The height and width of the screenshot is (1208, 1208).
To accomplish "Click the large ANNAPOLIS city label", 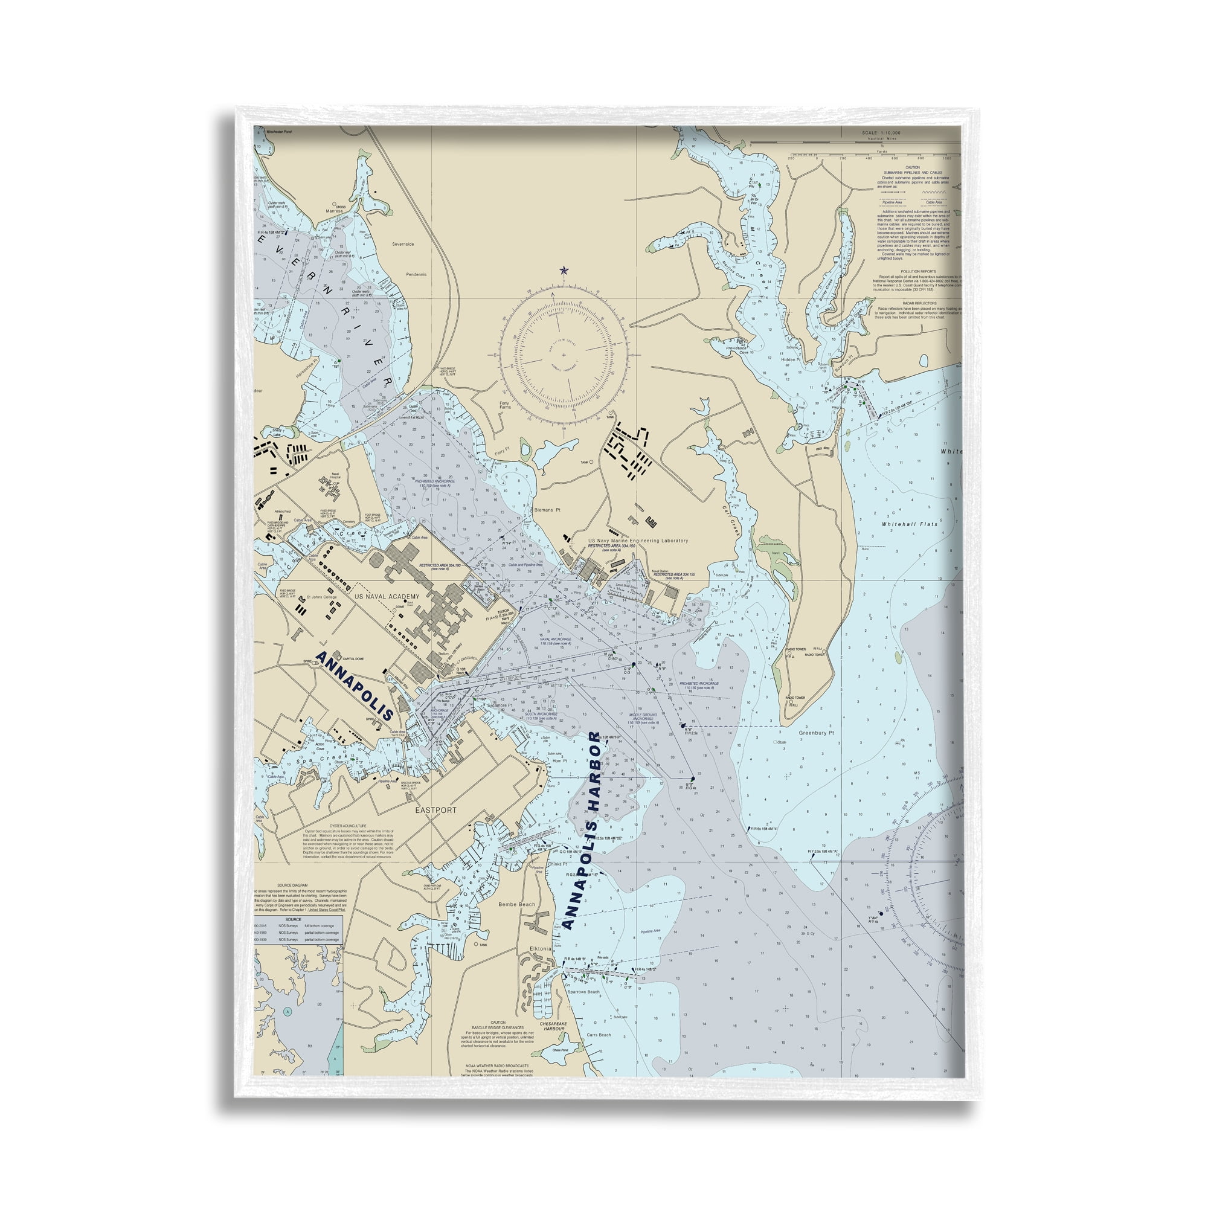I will pos(355,686).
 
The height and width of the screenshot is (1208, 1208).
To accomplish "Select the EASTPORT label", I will pos(436,810).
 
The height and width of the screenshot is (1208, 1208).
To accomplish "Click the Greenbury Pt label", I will pos(817,733).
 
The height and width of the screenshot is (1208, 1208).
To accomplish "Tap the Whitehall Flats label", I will pos(910,524).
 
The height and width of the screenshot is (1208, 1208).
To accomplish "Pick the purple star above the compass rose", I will pos(564,270).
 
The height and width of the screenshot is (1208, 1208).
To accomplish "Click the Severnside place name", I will pos(403,244).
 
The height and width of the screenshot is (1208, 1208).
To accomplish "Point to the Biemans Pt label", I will pos(547,510).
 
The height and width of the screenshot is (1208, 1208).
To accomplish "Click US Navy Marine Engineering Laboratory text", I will pos(638,540).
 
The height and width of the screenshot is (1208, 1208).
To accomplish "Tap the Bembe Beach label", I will pos(516,905).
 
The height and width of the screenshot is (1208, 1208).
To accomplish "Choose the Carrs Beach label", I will pos(599,1035).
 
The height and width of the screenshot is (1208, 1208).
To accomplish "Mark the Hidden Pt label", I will pos(791,359).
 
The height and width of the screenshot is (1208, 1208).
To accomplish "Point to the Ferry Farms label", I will pos(504,405).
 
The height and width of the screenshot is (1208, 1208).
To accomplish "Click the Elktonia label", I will pos(540,948).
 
